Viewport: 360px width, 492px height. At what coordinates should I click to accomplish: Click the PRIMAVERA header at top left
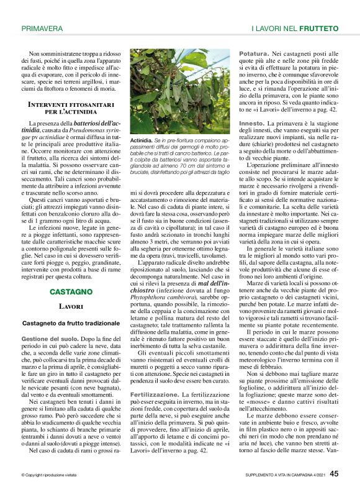[x=42, y=29]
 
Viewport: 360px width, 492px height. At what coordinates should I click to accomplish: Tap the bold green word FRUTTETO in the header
[x=318, y=29]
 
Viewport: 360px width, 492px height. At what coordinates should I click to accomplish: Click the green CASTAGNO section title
[x=71, y=291]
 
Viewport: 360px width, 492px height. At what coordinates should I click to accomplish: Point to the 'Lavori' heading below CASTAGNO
[x=71, y=307]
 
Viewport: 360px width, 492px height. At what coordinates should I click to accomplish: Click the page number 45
[x=334, y=473]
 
